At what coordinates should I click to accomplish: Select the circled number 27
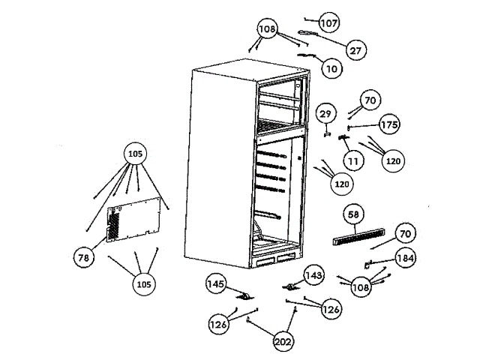coord(356,50)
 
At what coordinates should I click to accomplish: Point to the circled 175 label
coord(388,124)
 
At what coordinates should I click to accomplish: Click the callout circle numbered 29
coord(325,114)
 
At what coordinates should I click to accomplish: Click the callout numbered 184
coord(406,259)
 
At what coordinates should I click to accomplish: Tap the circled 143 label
coord(313,275)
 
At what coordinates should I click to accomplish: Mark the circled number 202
coord(283,342)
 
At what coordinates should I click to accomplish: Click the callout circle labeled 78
coord(83,257)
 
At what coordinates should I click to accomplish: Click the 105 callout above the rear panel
coord(135,154)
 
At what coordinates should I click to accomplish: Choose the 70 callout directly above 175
coord(370,100)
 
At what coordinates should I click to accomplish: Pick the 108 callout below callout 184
coord(361,286)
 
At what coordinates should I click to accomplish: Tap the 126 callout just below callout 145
coord(218,324)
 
